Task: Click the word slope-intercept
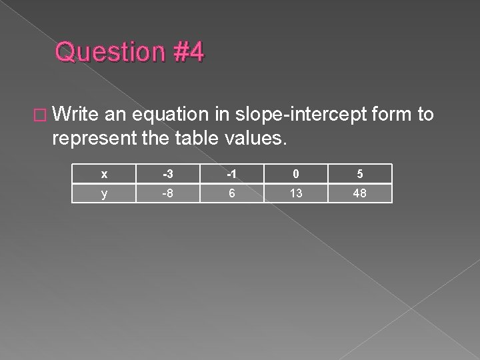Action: [x=291, y=115]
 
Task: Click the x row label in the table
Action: [x=103, y=174]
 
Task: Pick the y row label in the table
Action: [x=103, y=193]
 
